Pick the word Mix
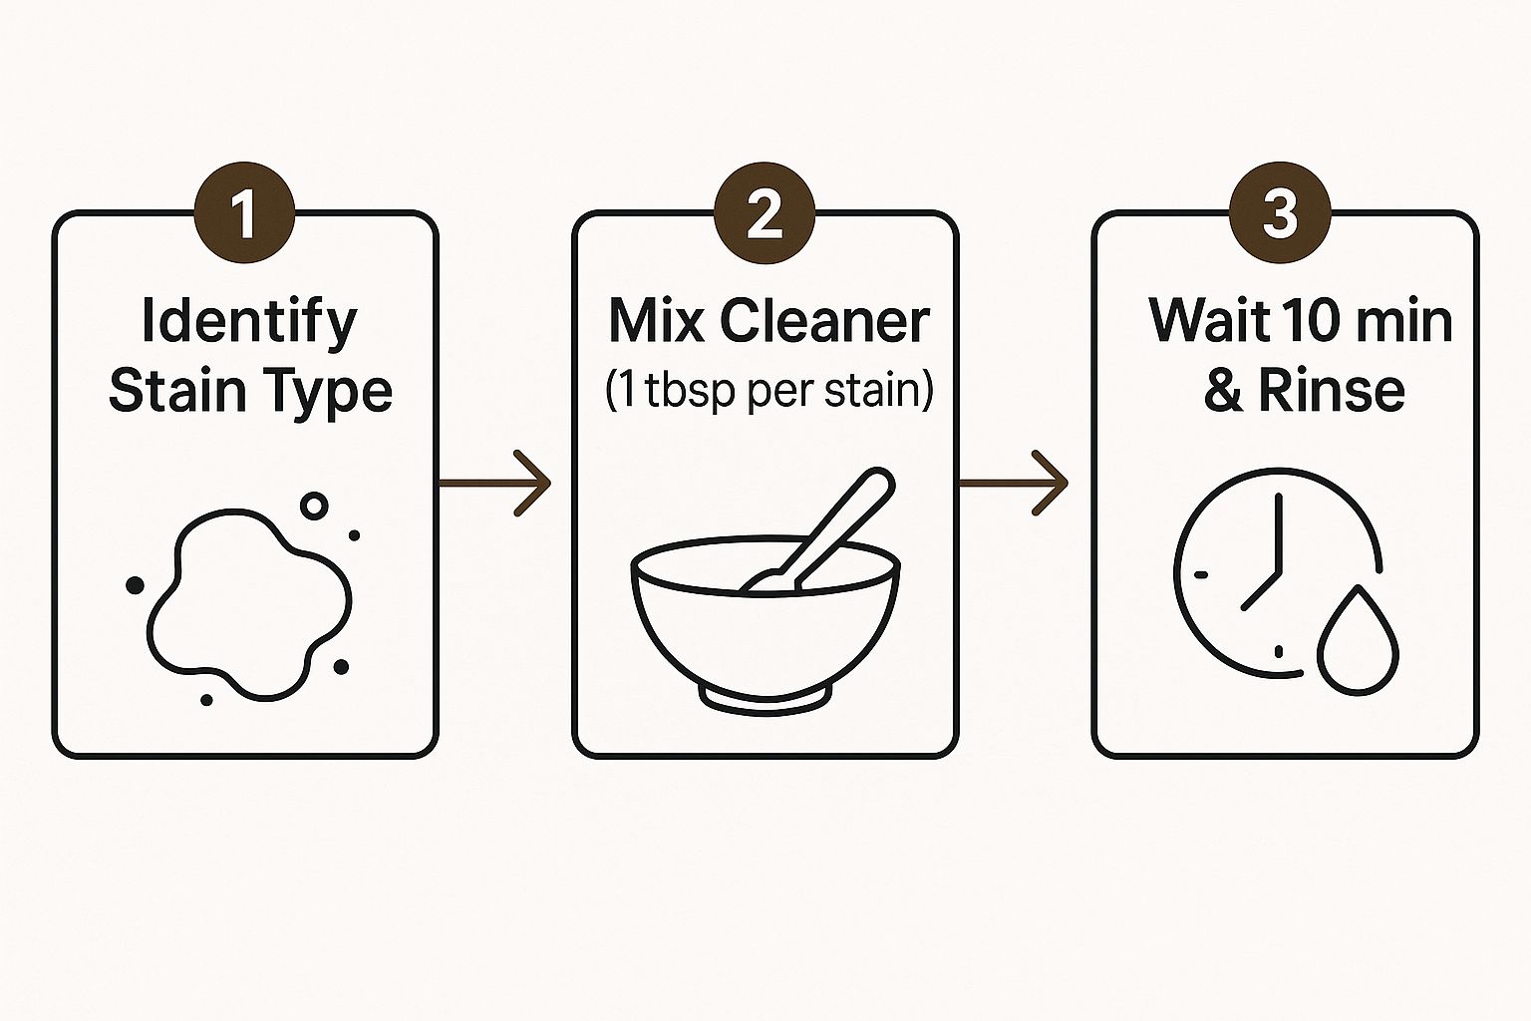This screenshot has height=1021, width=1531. pyautogui.click(x=653, y=321)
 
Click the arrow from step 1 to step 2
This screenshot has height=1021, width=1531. pyautogui.click(x=495, y=483)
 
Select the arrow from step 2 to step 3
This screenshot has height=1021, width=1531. pyautogui.click(x=1014, y=483)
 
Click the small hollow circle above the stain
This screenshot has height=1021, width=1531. pyautogui.click(x=314, y=506)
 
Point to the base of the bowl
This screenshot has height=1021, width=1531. pyautogui.click(x=765, y=696)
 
